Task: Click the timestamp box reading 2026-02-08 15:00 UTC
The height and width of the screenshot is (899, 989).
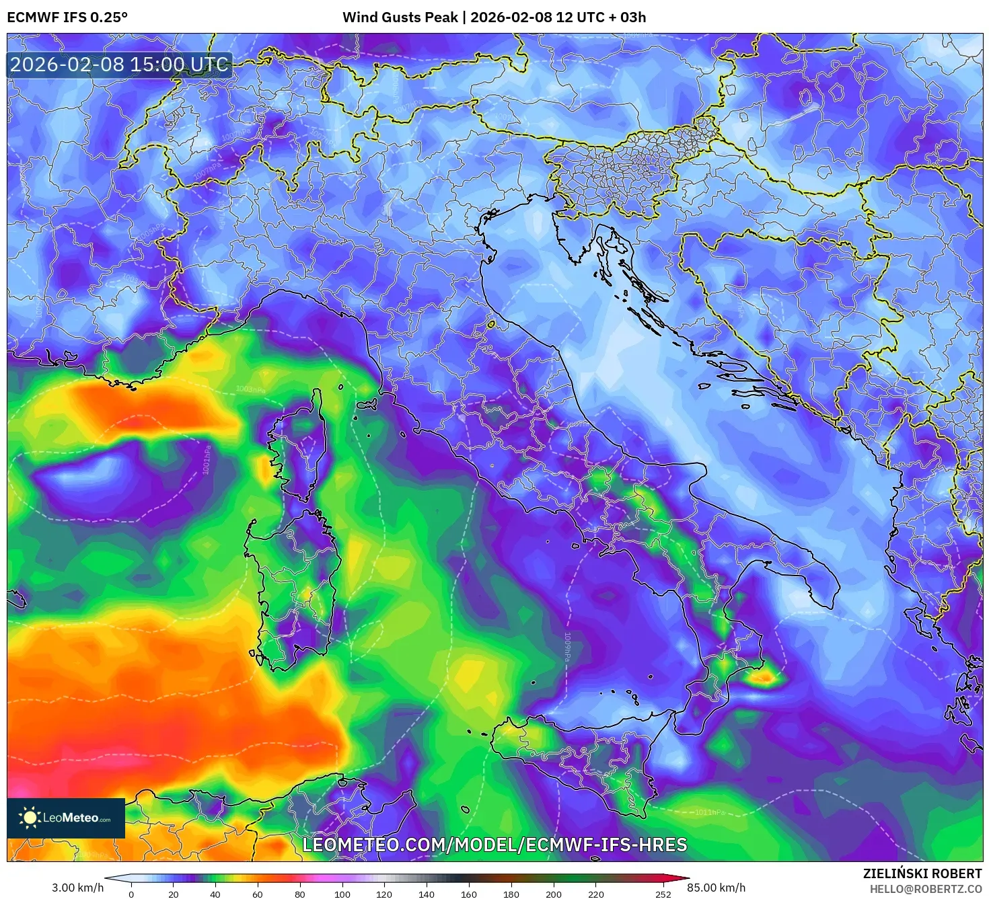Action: pyautogui.click(x=119, y=65)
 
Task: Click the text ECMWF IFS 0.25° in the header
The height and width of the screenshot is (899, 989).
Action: pyautogui.click(x=67, y=17)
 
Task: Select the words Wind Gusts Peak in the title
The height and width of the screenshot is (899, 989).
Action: pyautogui.click(x=400, y=17)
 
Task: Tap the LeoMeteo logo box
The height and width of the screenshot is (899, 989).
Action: pyautogui.click(x=66, y=818)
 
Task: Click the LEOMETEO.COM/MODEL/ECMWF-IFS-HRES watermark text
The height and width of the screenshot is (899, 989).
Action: pyautogui.click(x=494, y=845)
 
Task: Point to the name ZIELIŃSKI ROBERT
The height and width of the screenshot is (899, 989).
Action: pyautogui.click(x=922, y=873)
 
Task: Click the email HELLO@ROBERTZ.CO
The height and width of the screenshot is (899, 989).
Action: pyautogui.click(x=925, y=889)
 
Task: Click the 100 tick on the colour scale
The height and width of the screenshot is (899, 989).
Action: pyautogui.click(x=342, y=894)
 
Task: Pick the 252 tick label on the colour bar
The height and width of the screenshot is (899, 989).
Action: pyautogui.click(x=663, y=894)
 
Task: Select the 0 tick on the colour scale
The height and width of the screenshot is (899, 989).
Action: pyautogui.click(x=131, y=894)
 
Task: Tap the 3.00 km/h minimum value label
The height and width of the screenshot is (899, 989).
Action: pyautogui.click(x=78, y=888)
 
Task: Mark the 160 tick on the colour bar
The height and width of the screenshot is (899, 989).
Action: pyautogui.click(x=468, y=894)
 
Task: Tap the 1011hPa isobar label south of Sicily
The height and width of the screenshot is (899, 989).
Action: pyautogui.click(x=710, y=812)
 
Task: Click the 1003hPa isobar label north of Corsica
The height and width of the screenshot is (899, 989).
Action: pyautogui.click(x=250, y=390)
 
